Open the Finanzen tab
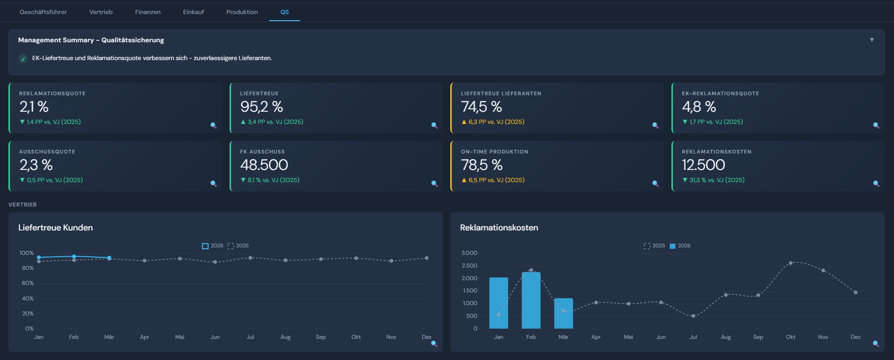click(x=147, y=12)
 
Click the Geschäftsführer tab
click(x=43, y=12)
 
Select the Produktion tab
click(x=242, y=12)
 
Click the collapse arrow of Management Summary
click(x=871, y=40)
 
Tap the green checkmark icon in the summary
click(x=23, y=59)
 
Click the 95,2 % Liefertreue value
click(x=262, y=107)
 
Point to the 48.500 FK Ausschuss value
click(x=264, y=165)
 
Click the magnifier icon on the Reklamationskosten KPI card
click(x=876, y=184)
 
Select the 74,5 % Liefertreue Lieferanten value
click(x=481, y=107)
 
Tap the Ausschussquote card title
click(x=47, y=152)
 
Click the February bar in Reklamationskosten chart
click(x=531, y=300)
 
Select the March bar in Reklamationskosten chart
click(x=563, y=314)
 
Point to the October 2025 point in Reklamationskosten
click(x=791, y=263)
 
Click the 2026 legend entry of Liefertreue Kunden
click(x=213, y=246)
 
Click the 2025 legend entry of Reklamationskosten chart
click(x=654, y=246)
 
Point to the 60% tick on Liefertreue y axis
click(x=28, y=283)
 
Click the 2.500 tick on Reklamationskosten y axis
click(x=469, y=266)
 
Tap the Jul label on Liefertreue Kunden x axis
click(x=250, y=337)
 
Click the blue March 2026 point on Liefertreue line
click(x=109, y=258)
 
